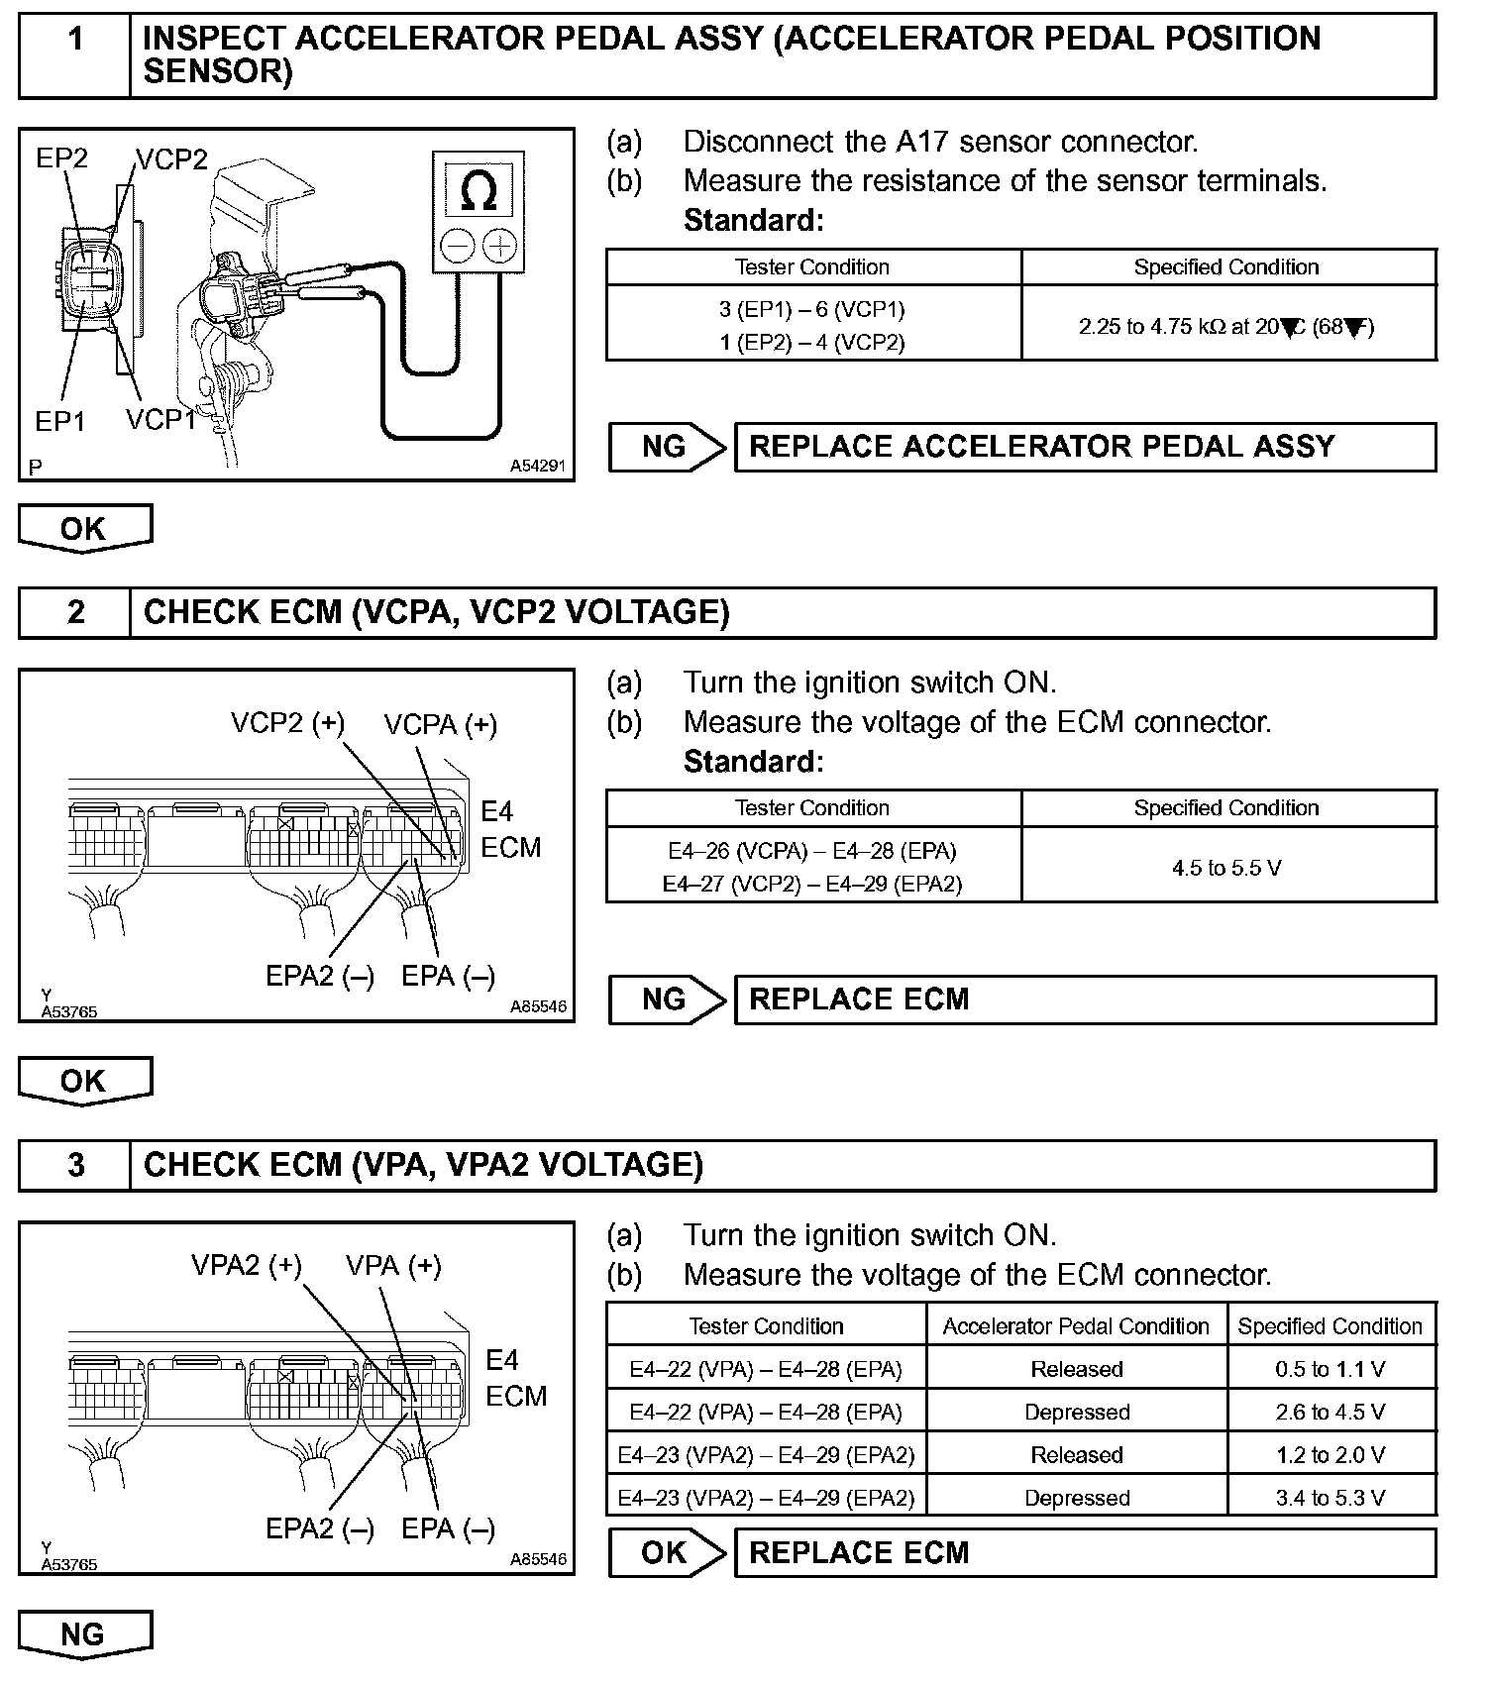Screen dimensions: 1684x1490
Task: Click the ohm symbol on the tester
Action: [x=479, y=190]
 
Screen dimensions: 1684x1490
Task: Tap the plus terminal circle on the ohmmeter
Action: [x=500, y=246]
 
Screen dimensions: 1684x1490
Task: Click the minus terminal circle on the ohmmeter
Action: [x=458, y=246]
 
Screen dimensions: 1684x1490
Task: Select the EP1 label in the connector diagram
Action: [x=59, y=421]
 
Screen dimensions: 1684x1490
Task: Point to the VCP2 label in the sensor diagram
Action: [x=171, y=159]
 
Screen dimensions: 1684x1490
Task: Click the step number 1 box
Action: [x=75, y=55]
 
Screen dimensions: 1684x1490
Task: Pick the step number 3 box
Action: [x=75, y=1165]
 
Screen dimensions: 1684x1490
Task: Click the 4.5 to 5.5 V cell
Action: [x=1227, y=868]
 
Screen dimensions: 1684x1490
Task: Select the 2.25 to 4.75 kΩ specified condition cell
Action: [x=1227, y=326]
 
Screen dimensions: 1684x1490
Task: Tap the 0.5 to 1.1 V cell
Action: [x=1330, y=1369]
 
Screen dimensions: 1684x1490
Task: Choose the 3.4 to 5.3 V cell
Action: [x=1330, y=1498]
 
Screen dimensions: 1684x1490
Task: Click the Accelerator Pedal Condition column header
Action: [x=1076, y=1326]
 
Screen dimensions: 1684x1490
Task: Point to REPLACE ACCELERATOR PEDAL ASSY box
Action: [x=1084, y=447]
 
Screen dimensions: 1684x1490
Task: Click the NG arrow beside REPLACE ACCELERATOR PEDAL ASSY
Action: [x=667, y=447]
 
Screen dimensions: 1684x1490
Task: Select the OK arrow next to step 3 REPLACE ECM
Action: [x=667, y=1552]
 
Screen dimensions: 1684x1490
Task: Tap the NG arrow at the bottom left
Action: [x=85, y=1634]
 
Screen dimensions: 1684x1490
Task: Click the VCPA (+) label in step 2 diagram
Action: [x=441, y=725]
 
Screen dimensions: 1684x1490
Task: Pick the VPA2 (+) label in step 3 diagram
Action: [x=247, y=1266]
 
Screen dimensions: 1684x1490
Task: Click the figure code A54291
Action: [x=538, y=466]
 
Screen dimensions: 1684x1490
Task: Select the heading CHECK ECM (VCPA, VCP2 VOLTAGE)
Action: [x=437, y=612]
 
